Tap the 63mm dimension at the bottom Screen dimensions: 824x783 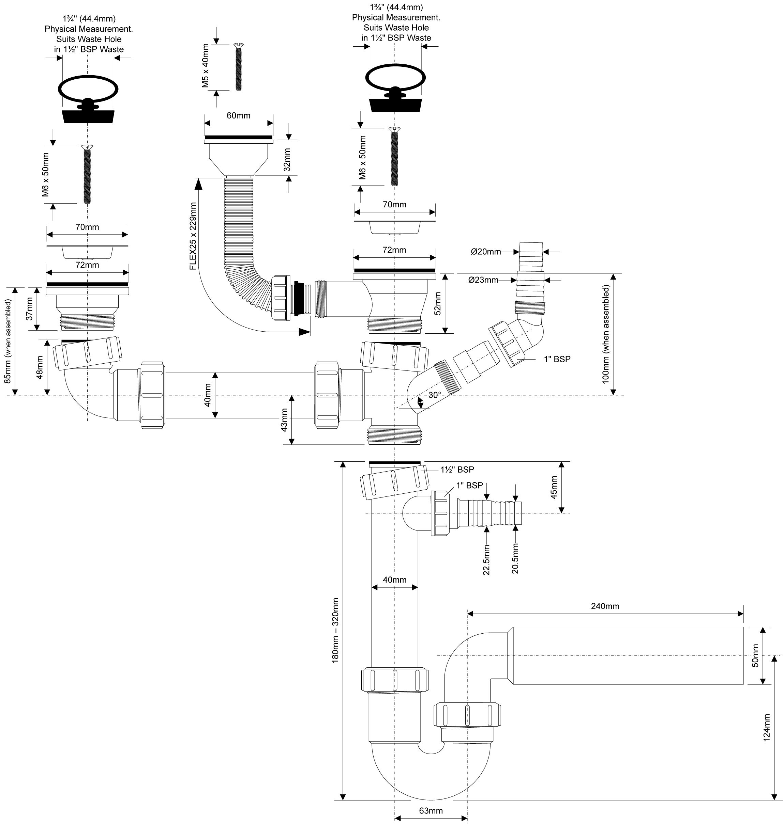click(x=431, y=811)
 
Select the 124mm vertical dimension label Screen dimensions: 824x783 click(x=766, y=728)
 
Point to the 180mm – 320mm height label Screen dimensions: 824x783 click(x=335, y=631)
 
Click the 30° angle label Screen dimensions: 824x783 click(x=435, y=395)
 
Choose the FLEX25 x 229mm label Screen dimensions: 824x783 click(x=193, y=236)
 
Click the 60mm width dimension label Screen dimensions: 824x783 click(x=238, y=115)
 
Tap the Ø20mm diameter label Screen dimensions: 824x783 click(x=486, y=252)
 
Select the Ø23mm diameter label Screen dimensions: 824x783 click(x=483, y=280)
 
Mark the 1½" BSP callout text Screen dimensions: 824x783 click(x=457, y=470)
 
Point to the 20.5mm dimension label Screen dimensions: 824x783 click(x=515, y=558)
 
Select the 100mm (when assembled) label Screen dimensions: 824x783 click(x=606, y=334)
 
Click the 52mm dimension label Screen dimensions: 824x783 click(x=437, y=303)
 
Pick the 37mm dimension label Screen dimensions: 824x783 click(x=29, y=308)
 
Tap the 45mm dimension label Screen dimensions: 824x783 click(x=554, y=487)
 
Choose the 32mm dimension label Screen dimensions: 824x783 click(x=287, y=160)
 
